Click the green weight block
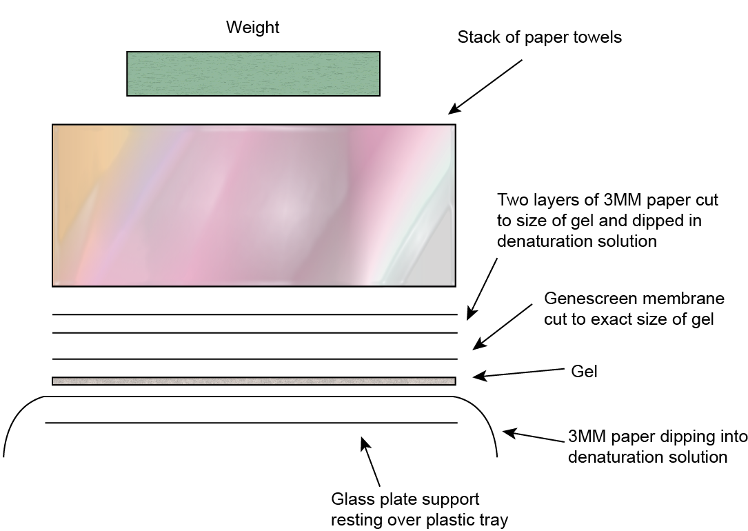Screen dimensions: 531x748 (253, 73)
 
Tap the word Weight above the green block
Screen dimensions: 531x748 (253, 28)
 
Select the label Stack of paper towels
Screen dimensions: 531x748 (539, 37)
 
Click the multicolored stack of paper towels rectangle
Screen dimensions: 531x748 (254, 205)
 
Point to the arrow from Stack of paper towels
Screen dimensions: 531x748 (486, 86)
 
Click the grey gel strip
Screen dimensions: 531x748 (254, 381)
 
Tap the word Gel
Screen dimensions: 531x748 (584, 372)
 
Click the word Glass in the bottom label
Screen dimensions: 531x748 (351, 499)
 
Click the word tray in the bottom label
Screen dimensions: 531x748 (494, 519)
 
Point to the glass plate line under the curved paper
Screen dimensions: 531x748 (251, 423)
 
